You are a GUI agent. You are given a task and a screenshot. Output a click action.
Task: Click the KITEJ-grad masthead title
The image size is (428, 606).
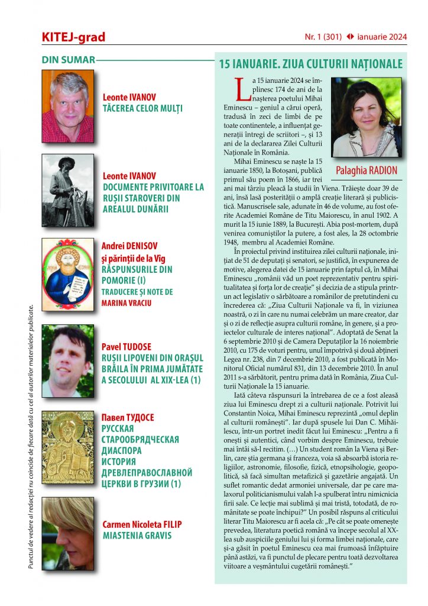point(73,37)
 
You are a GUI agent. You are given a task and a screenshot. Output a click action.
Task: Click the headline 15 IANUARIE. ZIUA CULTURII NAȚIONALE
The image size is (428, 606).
point(310,64)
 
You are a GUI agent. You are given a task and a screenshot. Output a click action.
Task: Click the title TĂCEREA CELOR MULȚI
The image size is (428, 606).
point(142,108)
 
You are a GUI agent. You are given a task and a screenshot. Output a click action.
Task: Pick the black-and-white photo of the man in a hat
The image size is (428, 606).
point(68,191)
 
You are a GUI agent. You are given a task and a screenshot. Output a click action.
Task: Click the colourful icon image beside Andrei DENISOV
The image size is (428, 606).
point(68,271)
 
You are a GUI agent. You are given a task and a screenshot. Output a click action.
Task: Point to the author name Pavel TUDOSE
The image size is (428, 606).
point(127,346)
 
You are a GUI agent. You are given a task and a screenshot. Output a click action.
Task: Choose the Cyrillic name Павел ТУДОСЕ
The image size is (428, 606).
point(128,418)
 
